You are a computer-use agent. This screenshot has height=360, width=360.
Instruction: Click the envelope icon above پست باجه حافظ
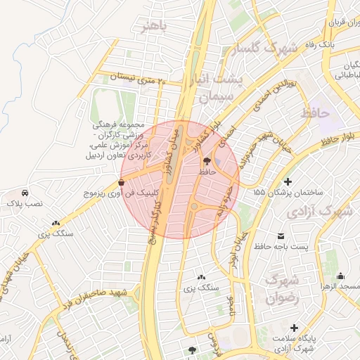tap(281, 235)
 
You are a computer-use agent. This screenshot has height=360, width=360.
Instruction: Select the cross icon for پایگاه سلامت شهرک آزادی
tap(293, 328)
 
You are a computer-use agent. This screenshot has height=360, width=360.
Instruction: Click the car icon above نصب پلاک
tap(25, 193)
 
